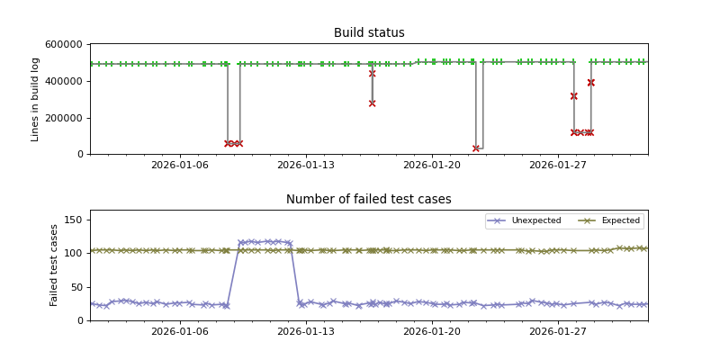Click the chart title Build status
(x=369, y=33)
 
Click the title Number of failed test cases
(x=369, y=200)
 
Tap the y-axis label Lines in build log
(x=36, y=99)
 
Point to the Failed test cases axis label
(x=54, y=265)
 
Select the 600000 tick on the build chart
(x=66, y=44)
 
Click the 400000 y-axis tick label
(x=66, y=81)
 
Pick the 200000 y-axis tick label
(x=66, y=118)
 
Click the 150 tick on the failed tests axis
(x=75, y=220)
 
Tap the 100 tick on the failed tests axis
(x=75, y=253)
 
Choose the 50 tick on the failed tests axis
(x=77, y=286)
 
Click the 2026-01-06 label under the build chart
(x=180, y=166)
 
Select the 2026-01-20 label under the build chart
(x=433, y=166)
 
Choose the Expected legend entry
(x=616, y=220)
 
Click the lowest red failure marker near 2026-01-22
(x=476, y=148)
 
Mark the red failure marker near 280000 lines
(x=372, y=103)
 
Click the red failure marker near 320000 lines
(x=573, y=95)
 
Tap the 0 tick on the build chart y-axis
(x=81, y=154)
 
